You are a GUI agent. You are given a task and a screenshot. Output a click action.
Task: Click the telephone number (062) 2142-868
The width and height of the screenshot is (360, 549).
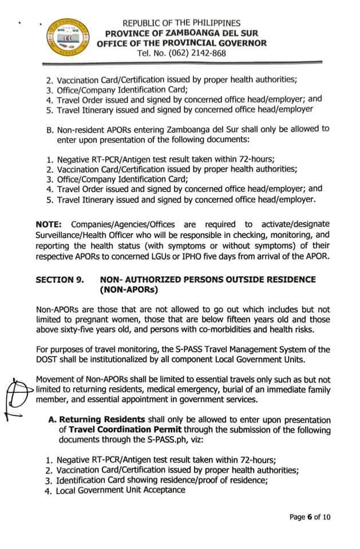pyautogui.click(x=181, y=53)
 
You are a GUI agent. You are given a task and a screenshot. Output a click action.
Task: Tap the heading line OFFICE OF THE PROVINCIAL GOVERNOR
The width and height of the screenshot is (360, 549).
pyautogui.click(x=181, y=43)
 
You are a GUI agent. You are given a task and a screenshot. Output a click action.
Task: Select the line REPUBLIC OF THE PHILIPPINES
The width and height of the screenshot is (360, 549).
pyautogui.click(x=181, y=23)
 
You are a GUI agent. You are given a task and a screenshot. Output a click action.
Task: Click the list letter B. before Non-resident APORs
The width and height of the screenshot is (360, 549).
pyautogui.click(x=50, y=129)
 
